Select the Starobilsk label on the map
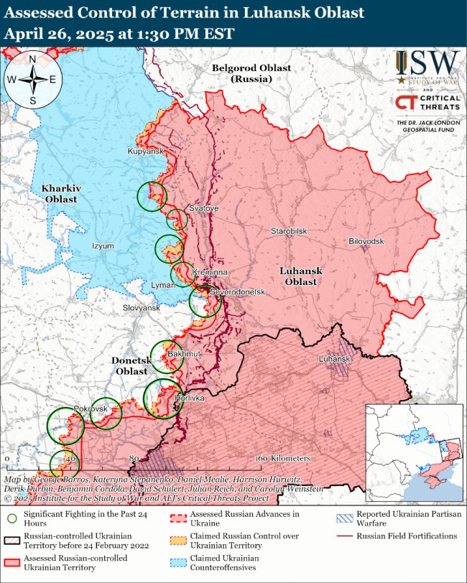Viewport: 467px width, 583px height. [289, 231]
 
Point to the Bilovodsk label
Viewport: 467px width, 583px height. [366, 241]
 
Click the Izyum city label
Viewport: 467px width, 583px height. [103, 246]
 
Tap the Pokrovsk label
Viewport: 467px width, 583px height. [91, 408]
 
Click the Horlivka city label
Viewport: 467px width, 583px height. [190, 397]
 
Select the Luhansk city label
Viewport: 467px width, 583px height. [334, 358]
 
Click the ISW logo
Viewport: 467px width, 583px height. [427, 69]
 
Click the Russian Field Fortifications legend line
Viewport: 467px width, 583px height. [343, 536]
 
